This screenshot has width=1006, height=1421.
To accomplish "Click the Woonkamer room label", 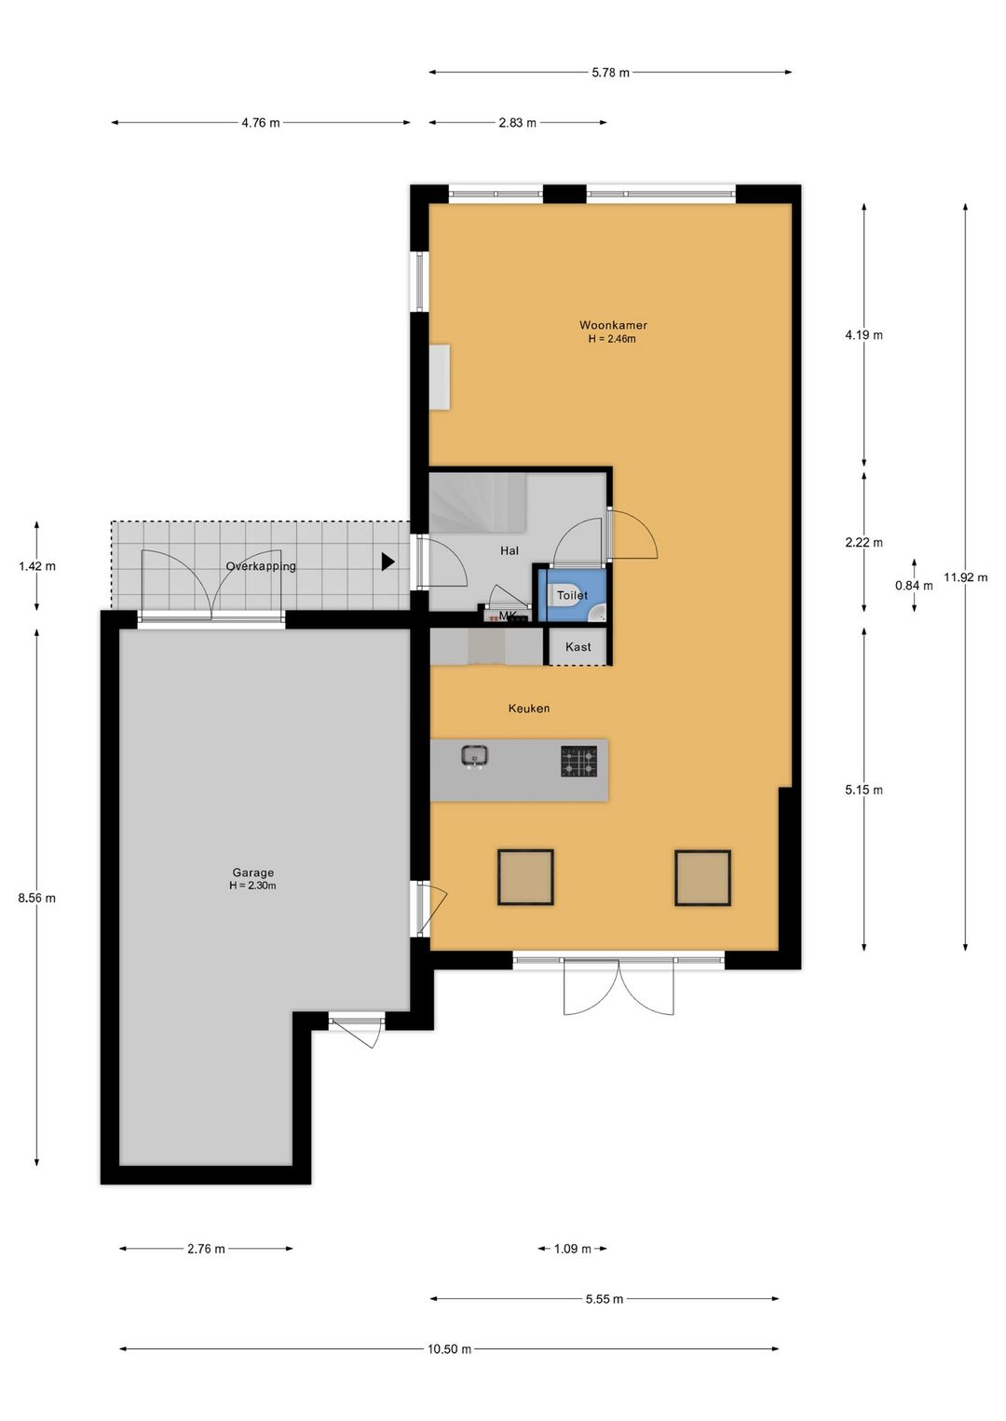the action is point(613,325).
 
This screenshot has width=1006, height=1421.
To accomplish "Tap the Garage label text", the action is point(252,873).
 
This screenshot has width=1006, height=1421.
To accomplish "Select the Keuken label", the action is point(529,708).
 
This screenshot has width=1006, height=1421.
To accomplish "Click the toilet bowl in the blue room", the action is point(562,595).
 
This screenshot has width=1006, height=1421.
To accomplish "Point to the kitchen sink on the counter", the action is point(475,755).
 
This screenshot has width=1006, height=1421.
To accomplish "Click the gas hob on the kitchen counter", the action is point(578,762).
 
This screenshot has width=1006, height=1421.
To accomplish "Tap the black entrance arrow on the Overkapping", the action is point(387,562).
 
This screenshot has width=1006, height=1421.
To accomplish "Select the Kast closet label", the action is point(578,646).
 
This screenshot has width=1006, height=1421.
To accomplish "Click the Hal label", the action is point(509,550).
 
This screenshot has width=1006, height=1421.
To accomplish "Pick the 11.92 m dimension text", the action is point(965,577).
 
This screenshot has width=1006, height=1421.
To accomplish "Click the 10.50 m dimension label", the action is point(449,1348).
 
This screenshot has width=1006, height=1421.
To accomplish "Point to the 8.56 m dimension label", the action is point(37,898).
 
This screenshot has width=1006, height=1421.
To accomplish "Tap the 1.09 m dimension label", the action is point(573,1249).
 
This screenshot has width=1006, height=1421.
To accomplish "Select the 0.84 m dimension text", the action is point(914,586).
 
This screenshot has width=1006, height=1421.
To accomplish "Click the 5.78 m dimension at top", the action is point(610,73).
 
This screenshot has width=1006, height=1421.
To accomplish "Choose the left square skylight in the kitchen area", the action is point(525,877).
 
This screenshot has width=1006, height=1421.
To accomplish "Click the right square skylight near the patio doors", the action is point(702,878).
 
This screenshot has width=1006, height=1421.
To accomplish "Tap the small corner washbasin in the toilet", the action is point(597,613).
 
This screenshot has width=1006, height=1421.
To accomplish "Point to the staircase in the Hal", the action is point(478,504).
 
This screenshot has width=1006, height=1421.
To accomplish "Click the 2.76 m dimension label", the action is point(206,1249).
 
